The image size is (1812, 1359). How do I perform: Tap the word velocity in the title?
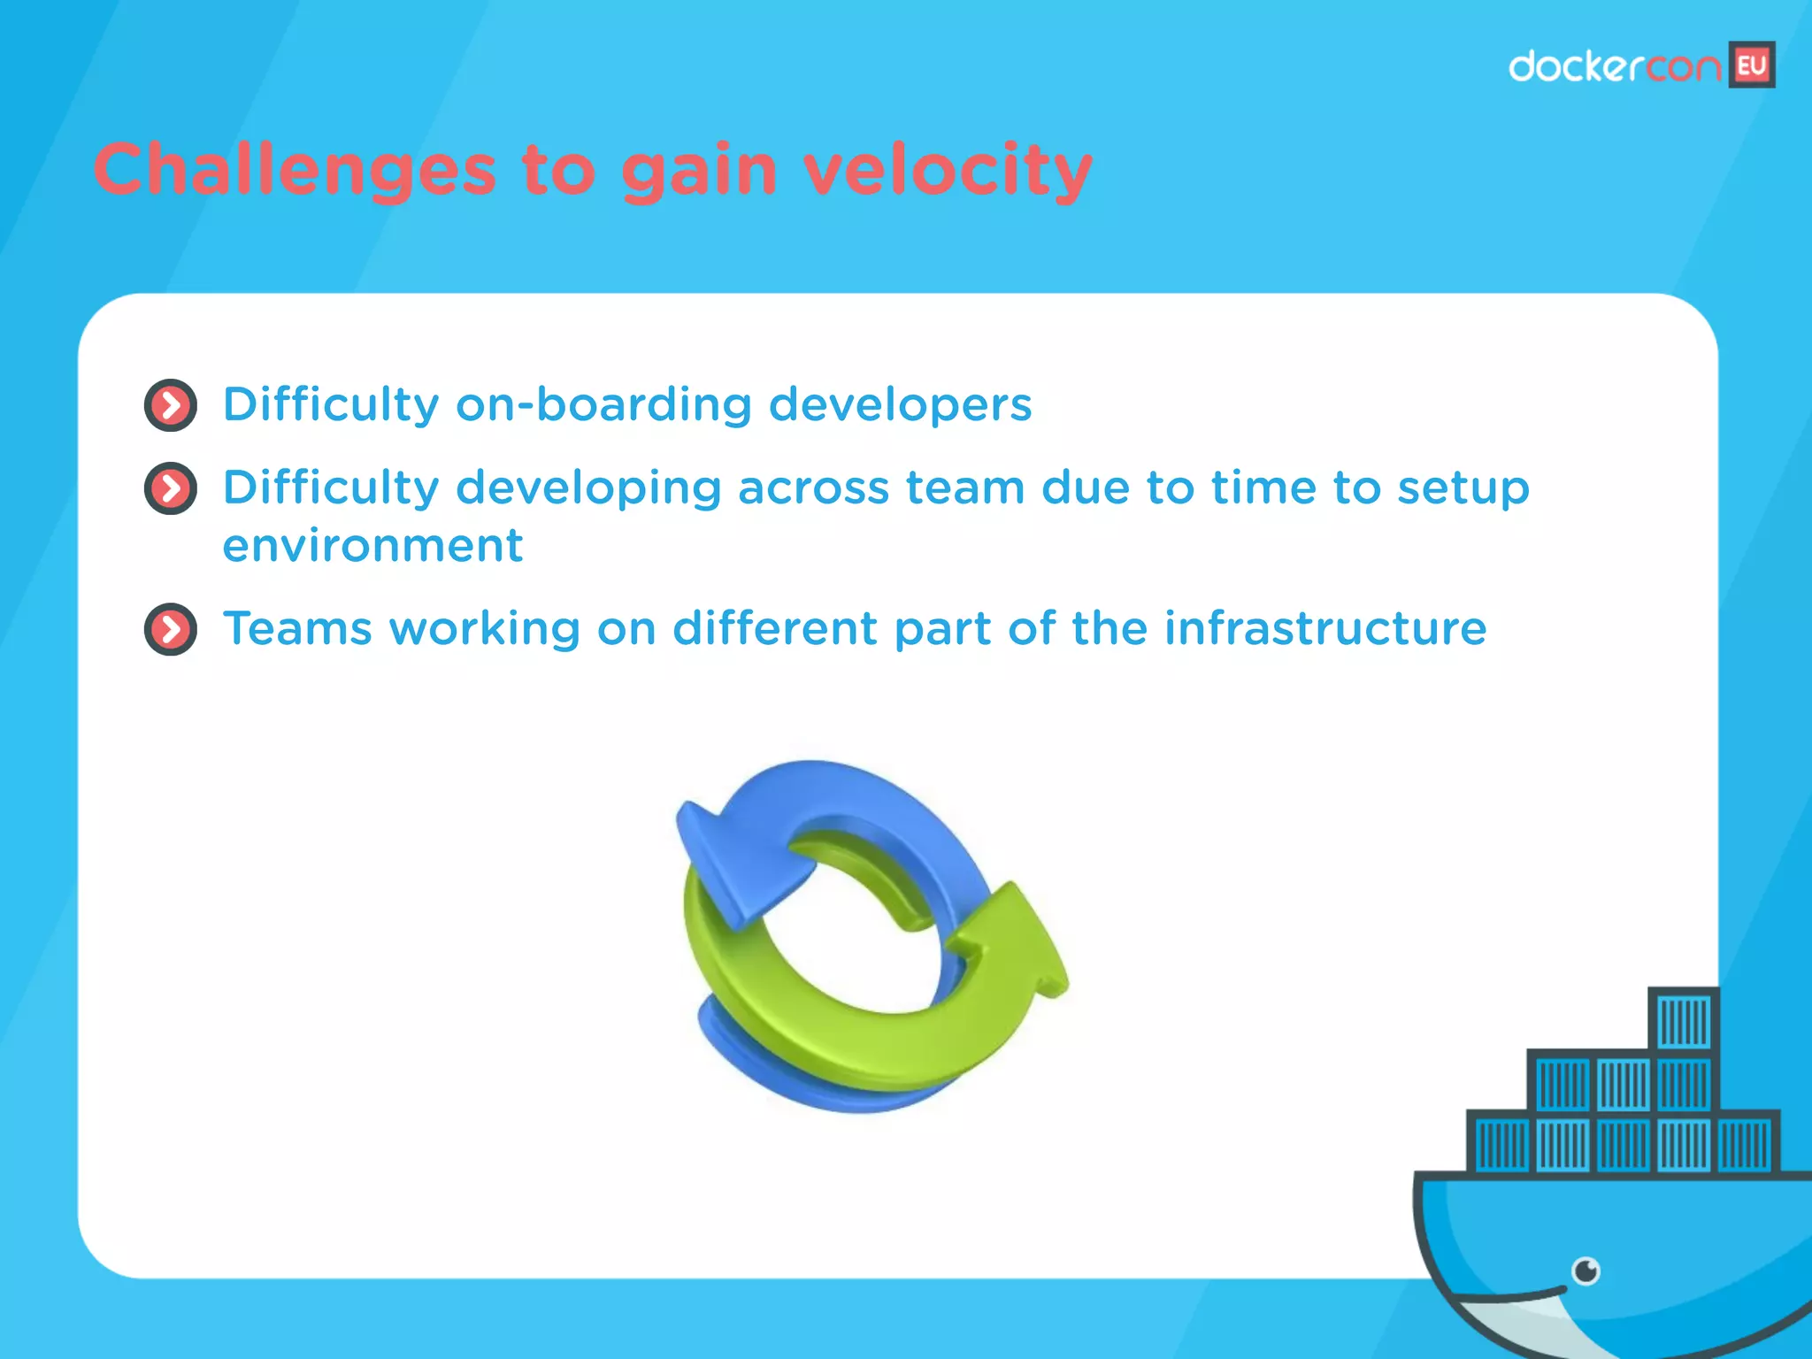tap(948, 170)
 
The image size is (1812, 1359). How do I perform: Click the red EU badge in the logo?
tap(1751, 65)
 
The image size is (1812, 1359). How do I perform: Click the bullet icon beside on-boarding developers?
tap(170, 406)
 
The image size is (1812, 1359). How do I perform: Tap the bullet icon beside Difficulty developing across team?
tap(170, 488)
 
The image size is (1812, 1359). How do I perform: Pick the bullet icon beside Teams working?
tap(170, 630)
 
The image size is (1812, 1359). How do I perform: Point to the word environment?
tap(372, 546)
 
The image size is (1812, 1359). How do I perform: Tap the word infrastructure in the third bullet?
tap(1324, 629)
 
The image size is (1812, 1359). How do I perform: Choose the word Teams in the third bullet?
tap(297, 629)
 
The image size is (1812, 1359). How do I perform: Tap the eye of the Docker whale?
tap(1585, 1271)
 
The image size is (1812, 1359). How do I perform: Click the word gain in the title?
tap(699, 172)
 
